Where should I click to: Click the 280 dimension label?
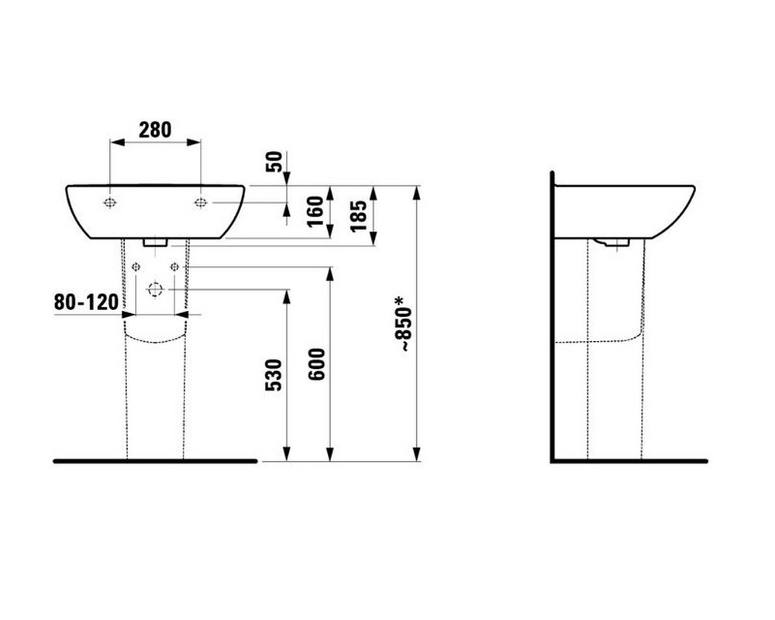pos(155,130)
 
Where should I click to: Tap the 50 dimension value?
pos(274,162)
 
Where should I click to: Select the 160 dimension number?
pos(315,211)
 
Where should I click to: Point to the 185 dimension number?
pos(358,215)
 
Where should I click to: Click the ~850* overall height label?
pos(403,324)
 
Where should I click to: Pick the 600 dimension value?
pos(316,364)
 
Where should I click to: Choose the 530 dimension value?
pos(274,375)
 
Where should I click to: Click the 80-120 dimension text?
pos(87,301)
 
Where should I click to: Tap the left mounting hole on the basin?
pos(110,202)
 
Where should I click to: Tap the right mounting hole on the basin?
pos(200,202)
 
